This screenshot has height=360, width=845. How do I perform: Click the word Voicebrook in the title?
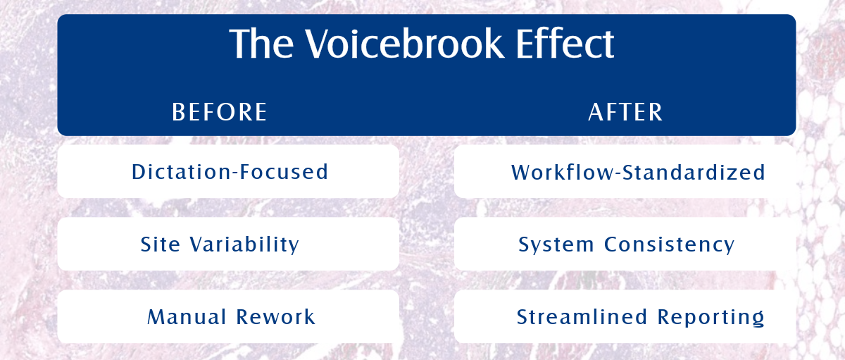[404, 44]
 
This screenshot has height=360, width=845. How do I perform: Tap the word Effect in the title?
[565, 44]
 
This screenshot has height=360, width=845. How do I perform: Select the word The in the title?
[261, 44]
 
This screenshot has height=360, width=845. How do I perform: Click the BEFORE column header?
[219, 112]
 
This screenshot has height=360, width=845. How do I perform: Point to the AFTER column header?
[625, 112]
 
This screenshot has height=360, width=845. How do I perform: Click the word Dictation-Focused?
[230, 172]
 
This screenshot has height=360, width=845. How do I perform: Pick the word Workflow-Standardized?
[638, 173]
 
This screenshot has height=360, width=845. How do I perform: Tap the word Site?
[161, 244]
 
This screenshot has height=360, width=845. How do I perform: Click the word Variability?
[244, 244]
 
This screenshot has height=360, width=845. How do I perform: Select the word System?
[556, 244]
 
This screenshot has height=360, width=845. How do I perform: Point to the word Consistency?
[670, 244]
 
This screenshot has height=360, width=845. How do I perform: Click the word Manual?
[187, 316]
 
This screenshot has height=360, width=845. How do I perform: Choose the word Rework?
[276, 316]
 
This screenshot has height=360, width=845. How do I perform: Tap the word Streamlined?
[582, 316]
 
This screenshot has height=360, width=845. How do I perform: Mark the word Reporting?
[711, 317]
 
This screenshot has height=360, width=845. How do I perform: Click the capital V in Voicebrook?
[318, 44]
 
